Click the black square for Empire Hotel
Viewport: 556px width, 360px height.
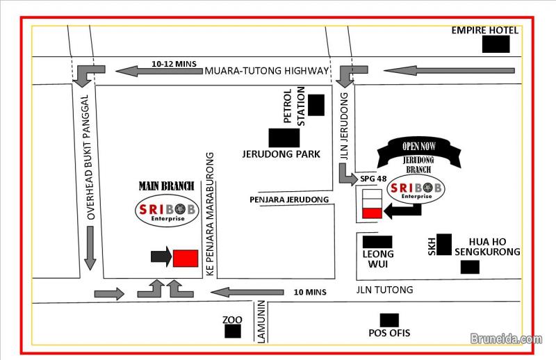[x=496, y=44]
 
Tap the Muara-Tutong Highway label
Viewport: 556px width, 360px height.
[x=265, y=71]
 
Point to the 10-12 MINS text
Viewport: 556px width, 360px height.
[x=174, y=63]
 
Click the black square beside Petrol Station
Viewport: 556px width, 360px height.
[x=316, y=105]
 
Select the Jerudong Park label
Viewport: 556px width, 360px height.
[x=281, y=154]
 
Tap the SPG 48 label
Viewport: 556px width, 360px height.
[x=371, y=179]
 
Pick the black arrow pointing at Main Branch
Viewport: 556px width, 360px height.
[x=161, y=256]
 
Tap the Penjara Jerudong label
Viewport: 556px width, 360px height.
[x=289, y=200]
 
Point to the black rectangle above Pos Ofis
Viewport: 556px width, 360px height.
[x=389, y=320]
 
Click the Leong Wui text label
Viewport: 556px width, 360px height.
[x=378, y=259]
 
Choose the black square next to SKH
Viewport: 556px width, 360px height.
[x=444, y=244]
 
